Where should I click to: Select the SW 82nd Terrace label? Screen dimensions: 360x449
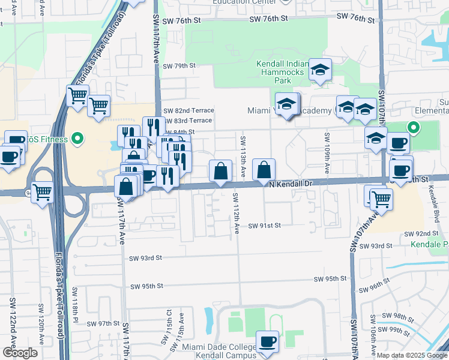(x=188, y=110)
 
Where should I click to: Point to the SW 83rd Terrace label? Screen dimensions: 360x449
(x=188, y=121)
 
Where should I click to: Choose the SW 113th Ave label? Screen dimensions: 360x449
(x=243, y=157)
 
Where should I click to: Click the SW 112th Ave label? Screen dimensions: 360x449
(x=236, y=214)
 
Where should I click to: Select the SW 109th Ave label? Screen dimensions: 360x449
(x=327, y=153)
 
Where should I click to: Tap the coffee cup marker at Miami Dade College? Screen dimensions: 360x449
(x=268, y=342)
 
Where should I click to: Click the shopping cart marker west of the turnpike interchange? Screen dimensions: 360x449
(x=42, y=193)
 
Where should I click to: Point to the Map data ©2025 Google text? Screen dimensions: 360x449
(x=411, y=355)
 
